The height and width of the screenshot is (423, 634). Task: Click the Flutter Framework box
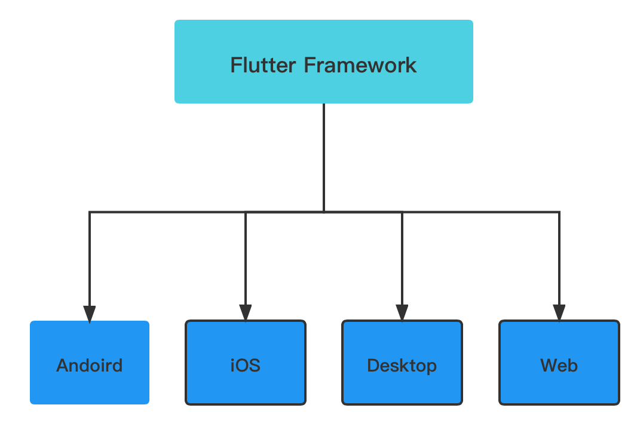pyautogui.click(x=323, y=62)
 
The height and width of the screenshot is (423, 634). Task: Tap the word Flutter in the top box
pyautogui.click(x=264, y=65)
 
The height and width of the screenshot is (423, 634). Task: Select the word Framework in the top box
pyautogui.click(x=360, y=65)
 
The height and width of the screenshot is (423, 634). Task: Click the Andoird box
pyautogui.click(x=90, y=363)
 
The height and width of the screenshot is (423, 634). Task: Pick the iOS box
pyautogui.click(x=246, y=363)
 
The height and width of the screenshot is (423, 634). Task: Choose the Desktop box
pyautogui.click(x=402, y=363)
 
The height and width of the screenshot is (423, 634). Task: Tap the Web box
pyautogui.click(x=559, y=363)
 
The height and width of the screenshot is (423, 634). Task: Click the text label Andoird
pyautogui.click(x=90, y=366)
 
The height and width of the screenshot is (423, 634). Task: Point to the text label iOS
pyautogui.click(x=246, y=366)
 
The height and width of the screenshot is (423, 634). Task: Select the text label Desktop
pyautogui.click(x=402, y=366)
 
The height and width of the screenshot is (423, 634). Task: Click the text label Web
pyautogui.click(x=559, y=366)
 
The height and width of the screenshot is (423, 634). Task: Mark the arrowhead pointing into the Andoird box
pyautogui.click(x=90, y=314)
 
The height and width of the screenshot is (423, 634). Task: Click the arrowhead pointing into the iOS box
pyautogui.click(x=246, y=313)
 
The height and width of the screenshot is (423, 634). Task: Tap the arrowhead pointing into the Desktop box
pyautogui.click(x=402, y=313)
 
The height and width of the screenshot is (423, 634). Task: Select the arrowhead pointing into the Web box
pyautogui.click(x=559, y=313)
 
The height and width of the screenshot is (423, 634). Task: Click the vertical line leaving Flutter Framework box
pyautogui.click(x=324, y=157)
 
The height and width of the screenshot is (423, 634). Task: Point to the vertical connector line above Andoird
pyautogui.click(x=90, y=258)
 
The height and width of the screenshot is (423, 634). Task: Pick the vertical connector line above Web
pyautogui.click(x=559, y=258)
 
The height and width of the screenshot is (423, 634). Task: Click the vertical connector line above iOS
pyautogui.click(x=246, y=258)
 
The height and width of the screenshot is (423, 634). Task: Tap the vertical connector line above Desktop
pyautogui.click(x=402, y=258)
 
